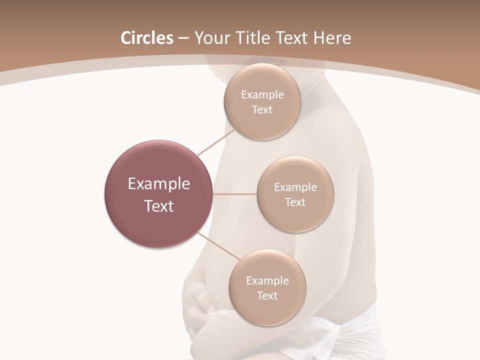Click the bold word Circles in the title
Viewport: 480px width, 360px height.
coord(146,38)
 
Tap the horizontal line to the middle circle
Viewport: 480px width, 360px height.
coord(235,194)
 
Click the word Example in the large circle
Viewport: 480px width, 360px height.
coord(159,184)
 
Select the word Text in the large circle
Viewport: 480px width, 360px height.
coord(159,206)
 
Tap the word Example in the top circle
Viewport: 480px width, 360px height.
coord(262,95)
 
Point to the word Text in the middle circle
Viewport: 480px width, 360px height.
coord(295,202)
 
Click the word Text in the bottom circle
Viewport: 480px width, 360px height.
coord(267,295)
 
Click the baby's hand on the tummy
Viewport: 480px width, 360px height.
coord(200,300)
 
